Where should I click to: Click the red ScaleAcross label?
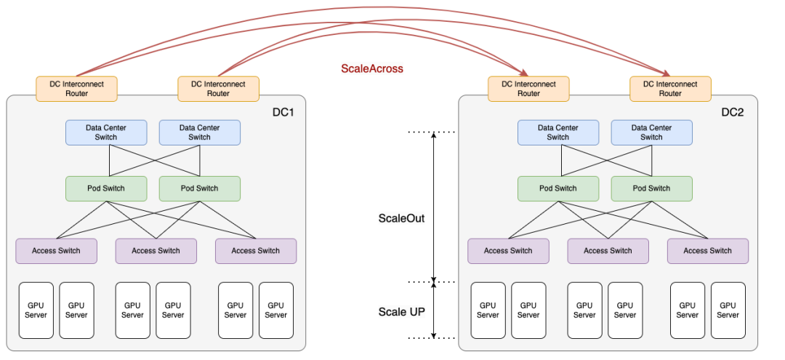(371, 69)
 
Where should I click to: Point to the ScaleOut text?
(401, 218)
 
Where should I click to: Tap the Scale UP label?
(401, 312)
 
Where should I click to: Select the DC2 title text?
(733, 113)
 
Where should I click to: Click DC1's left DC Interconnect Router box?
(76, 89)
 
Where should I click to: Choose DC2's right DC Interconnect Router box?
(670, 89)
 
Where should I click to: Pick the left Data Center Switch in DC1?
(106, 132)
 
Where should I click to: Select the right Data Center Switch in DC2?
(651, 132)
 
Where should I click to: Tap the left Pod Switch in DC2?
(557, 188)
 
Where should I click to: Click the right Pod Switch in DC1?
(199, 188)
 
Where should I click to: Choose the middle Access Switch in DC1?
(156, 251)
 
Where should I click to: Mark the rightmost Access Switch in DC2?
(707, 251)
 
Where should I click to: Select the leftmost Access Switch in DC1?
(56, 251)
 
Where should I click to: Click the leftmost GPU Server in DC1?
(36, 311)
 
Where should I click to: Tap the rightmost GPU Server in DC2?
(728, 311)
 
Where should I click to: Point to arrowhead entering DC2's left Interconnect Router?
(523, 73)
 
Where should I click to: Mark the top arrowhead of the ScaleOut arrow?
(433, 135)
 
